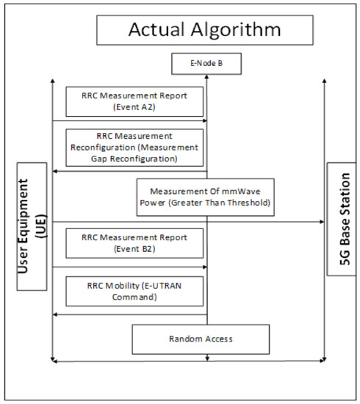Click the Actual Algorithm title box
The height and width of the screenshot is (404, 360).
[204, 30]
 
